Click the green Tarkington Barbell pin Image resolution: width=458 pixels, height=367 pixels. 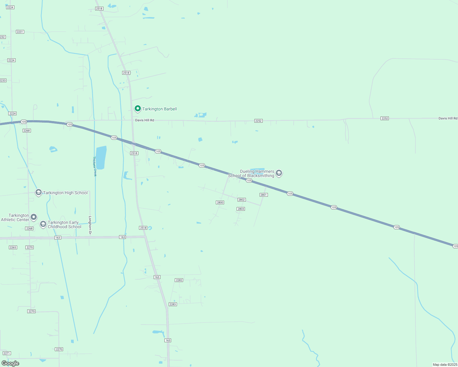pos(138,109)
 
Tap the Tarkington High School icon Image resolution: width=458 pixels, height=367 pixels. pos(39,192)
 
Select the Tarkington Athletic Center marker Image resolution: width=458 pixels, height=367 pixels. pos(34,217)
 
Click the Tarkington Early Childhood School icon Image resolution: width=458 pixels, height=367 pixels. pos(43,224)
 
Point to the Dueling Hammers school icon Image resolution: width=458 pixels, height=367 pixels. pos(279,173)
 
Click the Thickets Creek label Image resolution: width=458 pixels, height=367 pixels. pos(95,167)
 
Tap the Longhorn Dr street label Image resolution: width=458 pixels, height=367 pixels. pos(90,225)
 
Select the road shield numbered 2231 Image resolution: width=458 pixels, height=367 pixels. pos(20,32)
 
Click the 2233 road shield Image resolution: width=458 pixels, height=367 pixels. pos(2,80)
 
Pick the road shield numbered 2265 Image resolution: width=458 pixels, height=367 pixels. pos(13,247)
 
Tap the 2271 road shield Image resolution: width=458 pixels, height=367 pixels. pos(7,353)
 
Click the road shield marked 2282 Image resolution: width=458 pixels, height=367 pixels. pos(179,280)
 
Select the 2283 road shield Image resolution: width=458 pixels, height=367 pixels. pos(173,304)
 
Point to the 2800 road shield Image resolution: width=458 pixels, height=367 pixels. pos(220,202)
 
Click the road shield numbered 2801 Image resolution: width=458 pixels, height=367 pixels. pos(264,195)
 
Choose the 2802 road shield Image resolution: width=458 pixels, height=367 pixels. pos(242,200)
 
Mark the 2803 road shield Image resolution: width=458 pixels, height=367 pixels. pos(241,209)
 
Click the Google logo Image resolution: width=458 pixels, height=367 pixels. pos(10,363)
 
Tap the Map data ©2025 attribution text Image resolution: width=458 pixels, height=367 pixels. pos(445,365)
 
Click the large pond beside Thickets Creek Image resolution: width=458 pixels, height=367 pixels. pos(101,158)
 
